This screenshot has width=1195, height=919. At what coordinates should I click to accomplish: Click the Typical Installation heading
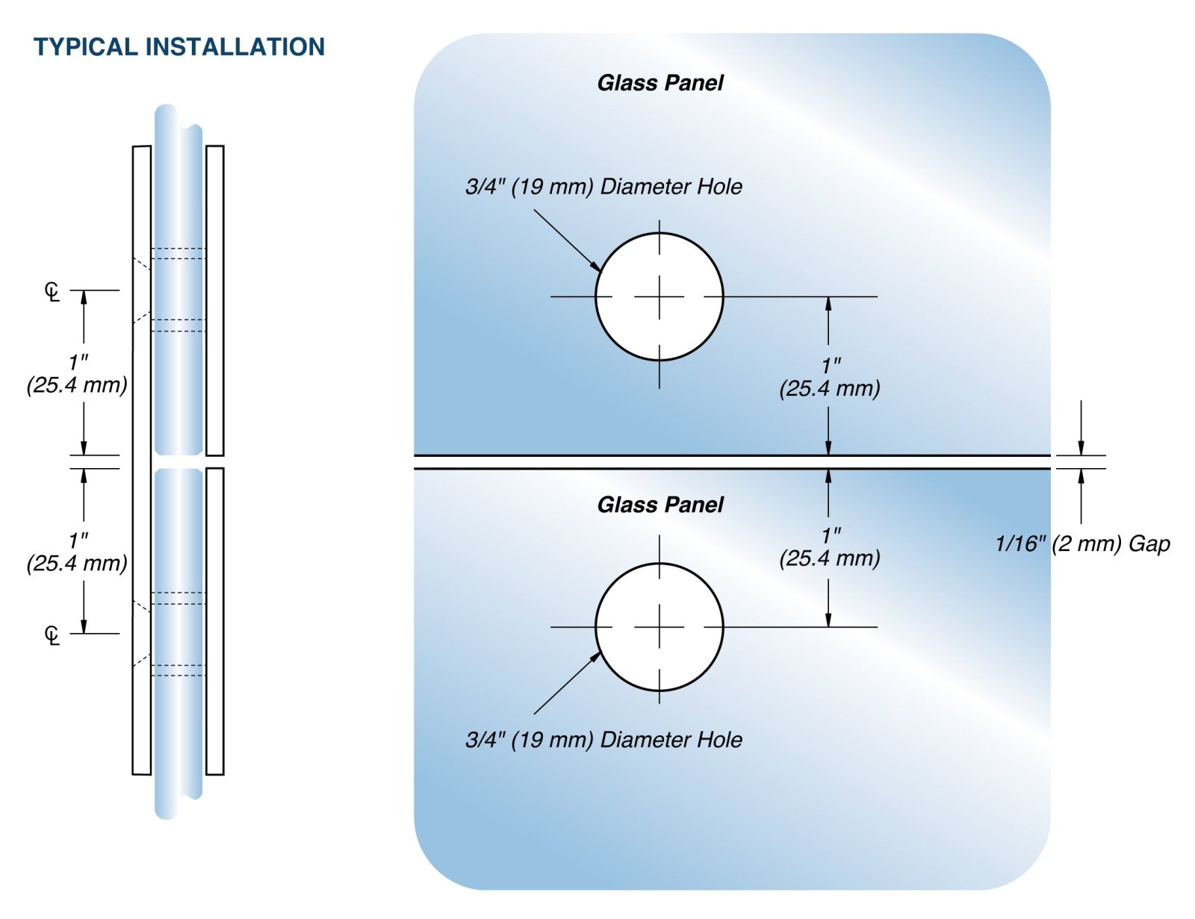(179, 47)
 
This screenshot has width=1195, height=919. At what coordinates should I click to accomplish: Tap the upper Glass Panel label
(660, 83)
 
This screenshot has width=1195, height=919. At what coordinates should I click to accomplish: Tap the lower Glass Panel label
(660, 505)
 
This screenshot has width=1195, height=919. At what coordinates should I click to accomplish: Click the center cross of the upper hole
(659, 296)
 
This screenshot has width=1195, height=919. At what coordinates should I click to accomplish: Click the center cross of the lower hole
(659, 626)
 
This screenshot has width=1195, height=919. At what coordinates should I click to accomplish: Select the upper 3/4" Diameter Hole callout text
(603, 187)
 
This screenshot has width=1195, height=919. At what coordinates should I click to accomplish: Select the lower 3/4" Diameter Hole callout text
(603, 740)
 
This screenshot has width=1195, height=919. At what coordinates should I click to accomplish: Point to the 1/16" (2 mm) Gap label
(1082, 543)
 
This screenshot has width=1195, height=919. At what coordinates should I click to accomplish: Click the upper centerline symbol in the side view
(52, 291)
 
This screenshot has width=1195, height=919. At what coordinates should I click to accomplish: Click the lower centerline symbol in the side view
(52, 635)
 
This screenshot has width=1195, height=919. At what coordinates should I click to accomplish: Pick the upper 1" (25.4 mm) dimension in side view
(77, 374)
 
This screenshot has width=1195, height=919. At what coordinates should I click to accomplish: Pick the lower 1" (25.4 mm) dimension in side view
(77, 552)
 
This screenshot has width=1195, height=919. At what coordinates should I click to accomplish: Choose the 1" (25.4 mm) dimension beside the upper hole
(830, 377)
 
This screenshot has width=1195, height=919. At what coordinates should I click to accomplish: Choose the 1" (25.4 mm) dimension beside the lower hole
(830, 546)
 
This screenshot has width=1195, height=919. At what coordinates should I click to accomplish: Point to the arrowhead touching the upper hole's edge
(596, 267)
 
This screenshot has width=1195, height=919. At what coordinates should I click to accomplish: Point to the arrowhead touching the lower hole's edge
(596, 656)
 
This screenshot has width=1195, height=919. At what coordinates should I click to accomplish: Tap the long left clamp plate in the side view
(141, 459)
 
